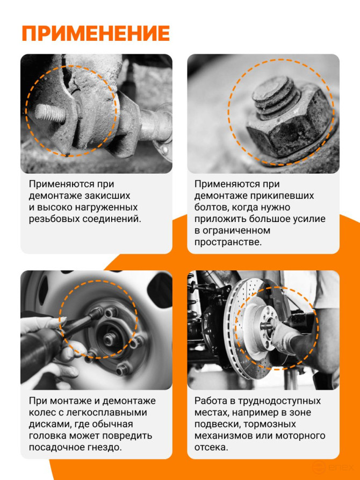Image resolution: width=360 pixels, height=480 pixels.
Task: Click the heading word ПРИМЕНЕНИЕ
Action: coord(96,33)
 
